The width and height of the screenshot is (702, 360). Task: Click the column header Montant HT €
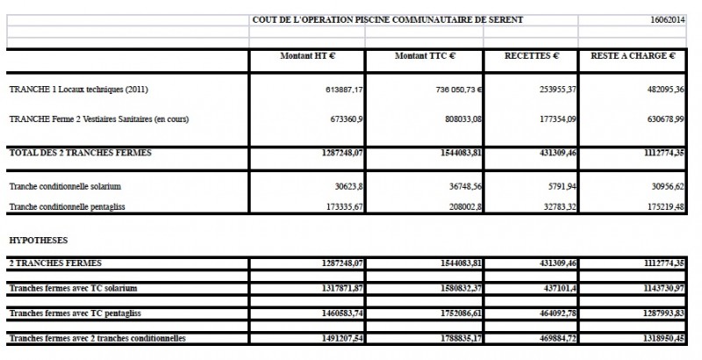pos(307,55)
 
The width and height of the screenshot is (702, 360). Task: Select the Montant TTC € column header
pos(425,55)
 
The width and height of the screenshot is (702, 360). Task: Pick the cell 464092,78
pos(554,313)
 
